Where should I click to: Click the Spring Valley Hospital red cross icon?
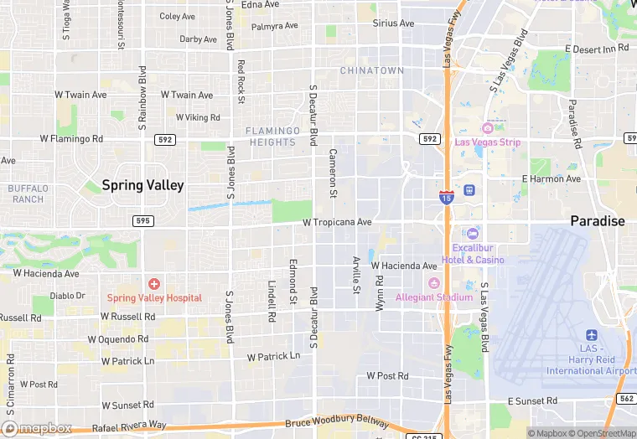[x=154, y=285]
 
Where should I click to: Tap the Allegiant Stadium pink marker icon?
[x=433, y=282]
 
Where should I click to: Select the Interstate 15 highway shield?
[x=446, y=196]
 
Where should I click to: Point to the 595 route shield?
[x=142, y=219]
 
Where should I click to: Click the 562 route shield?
[x=626, y=399]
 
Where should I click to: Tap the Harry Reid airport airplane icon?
[x=592, y=335]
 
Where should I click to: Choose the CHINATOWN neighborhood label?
[x=371, y=71]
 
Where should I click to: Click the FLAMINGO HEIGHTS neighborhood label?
[x=272, y=137]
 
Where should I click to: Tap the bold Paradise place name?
[x=598, y=221]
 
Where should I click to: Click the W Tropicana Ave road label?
[x=336, y=223]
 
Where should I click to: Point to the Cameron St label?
[x=333, y=173]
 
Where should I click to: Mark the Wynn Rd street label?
[x=380, y=293]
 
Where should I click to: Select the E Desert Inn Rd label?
[x=596, y=49]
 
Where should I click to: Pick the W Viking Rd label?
[x=191, y=118]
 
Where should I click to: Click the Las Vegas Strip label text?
[x=488, y=142]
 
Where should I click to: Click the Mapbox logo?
[x=37, y=428]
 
